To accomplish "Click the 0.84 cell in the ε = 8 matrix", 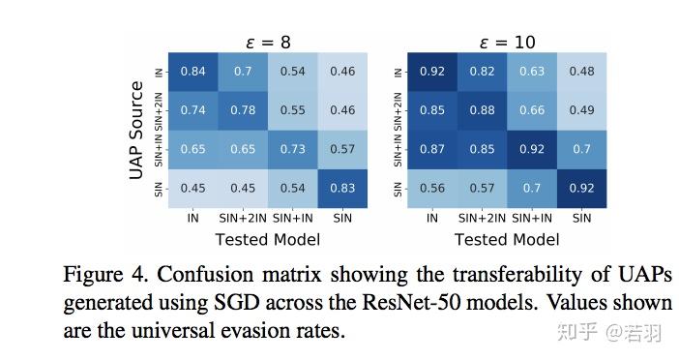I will (x=192, y=71).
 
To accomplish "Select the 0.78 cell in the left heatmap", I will (x=243, y=110).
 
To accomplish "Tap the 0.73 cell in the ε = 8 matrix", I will (x=293, y=149).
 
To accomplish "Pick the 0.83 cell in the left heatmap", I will (x=342, y=188).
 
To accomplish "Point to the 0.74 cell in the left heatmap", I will (x=192, y=110).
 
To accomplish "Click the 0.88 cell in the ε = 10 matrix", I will (x=482, y=110).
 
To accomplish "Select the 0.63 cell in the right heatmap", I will (x=532, y=71).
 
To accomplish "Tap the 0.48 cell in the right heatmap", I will (x=581, y=71).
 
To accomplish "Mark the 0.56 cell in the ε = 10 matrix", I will (x=431, y=188).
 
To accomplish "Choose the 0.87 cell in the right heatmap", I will (x=431, y=149).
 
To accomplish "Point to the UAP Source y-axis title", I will (x=136, y=130).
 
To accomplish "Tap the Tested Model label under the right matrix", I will (x=507, y=239).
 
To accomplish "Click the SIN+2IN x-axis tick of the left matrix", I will (x=243, y=219).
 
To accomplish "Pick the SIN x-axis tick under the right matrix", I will (x=581, y=219).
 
